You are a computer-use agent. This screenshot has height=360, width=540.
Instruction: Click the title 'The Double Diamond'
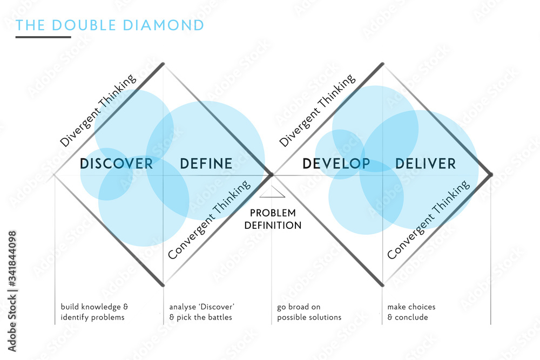click(110, 25)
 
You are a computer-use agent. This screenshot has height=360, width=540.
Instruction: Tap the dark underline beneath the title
click(43, 37)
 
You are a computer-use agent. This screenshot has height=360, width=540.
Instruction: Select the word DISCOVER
click(116, 163)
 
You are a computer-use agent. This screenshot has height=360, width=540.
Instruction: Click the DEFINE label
click(206, 163)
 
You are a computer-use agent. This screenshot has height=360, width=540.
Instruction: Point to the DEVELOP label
click(336, 163)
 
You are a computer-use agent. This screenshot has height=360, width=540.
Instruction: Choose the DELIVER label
click(426, 163)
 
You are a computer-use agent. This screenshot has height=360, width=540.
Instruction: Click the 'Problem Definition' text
click(272, 219)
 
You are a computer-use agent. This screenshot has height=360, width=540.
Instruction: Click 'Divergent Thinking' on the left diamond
click(98, 111)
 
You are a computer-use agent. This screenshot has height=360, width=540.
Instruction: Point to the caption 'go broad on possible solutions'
click(309, 312)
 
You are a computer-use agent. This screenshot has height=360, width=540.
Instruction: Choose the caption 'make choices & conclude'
click(411, 312)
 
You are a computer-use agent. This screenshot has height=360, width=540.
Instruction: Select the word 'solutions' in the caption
click(326, 317)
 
